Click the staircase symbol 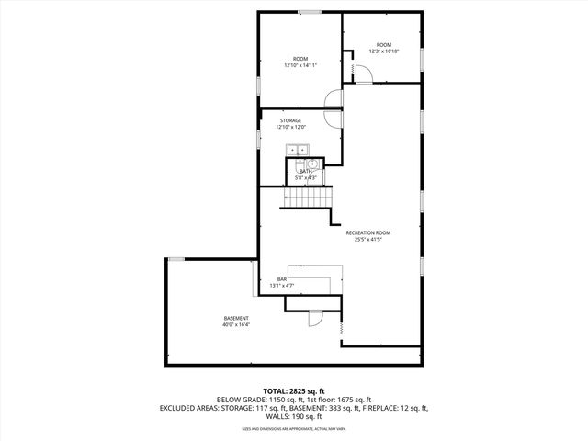pos(307,198)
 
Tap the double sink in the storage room pos(299,150)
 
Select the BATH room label pos(304,171)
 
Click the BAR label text pos(282,279)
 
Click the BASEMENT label pos(235,318)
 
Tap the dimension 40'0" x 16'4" pos(235,325)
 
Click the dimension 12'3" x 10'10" pos(383,51)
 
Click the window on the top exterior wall pos(309,12)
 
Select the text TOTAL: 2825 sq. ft pos(294,391)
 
